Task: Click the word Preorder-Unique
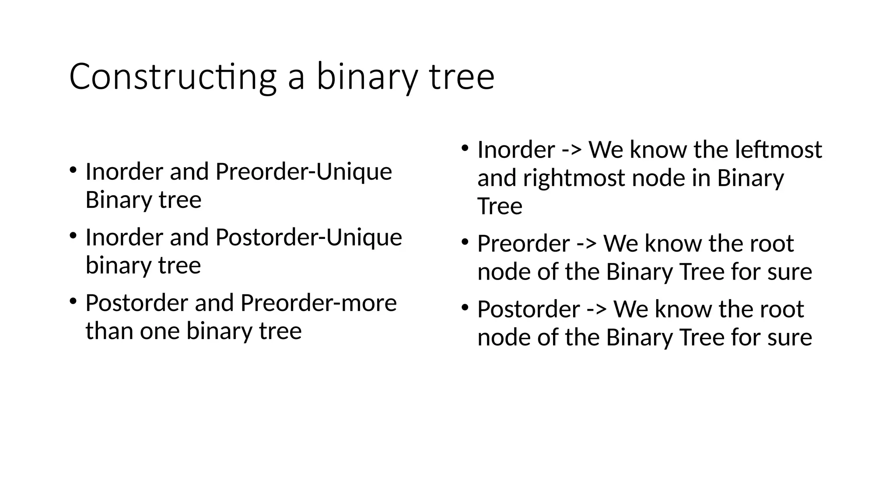click(304, 171)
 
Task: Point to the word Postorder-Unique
click(308, 237)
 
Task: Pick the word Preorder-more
click(318, 303)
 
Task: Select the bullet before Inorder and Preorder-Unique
click(73, 169)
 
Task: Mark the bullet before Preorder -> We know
click(465, 241)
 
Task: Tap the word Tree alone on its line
click(500, 206)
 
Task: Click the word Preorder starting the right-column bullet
click(523, 244)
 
